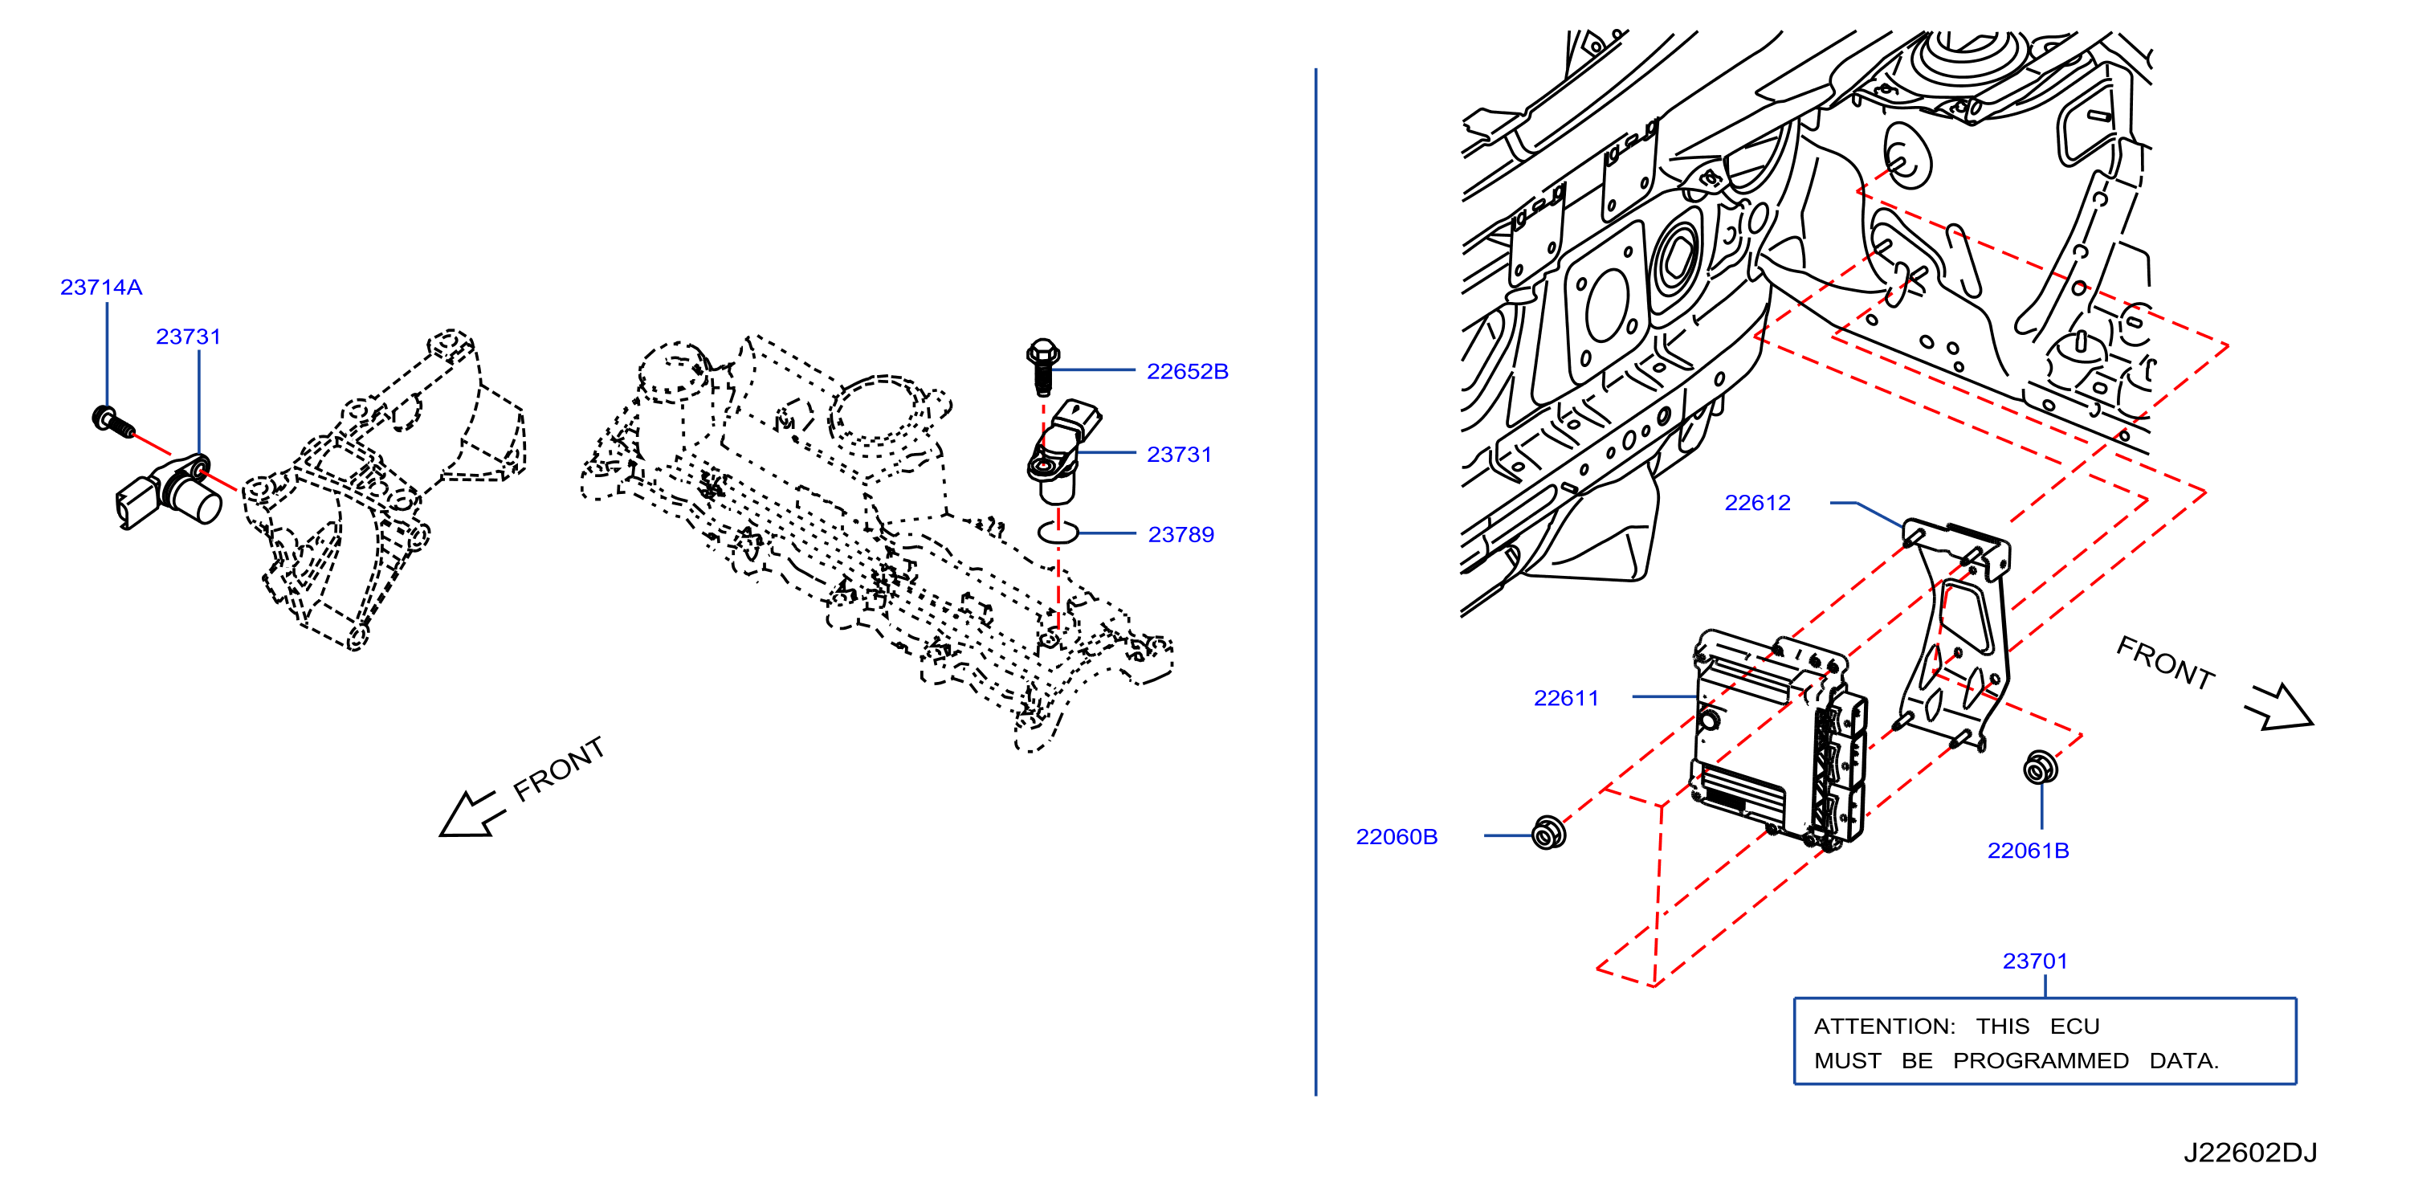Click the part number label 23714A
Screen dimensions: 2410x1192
click(101, 288)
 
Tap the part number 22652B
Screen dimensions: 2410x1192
click(1187, 371)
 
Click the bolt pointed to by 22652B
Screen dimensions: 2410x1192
click(1042, 368)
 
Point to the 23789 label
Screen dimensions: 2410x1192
click(1181, 534)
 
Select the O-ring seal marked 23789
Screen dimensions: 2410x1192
click(1058, 533)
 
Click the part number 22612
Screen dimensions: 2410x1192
click(1757, 503)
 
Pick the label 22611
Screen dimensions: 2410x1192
click(1566, 698)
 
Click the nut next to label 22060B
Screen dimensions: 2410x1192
click(1548, 833)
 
